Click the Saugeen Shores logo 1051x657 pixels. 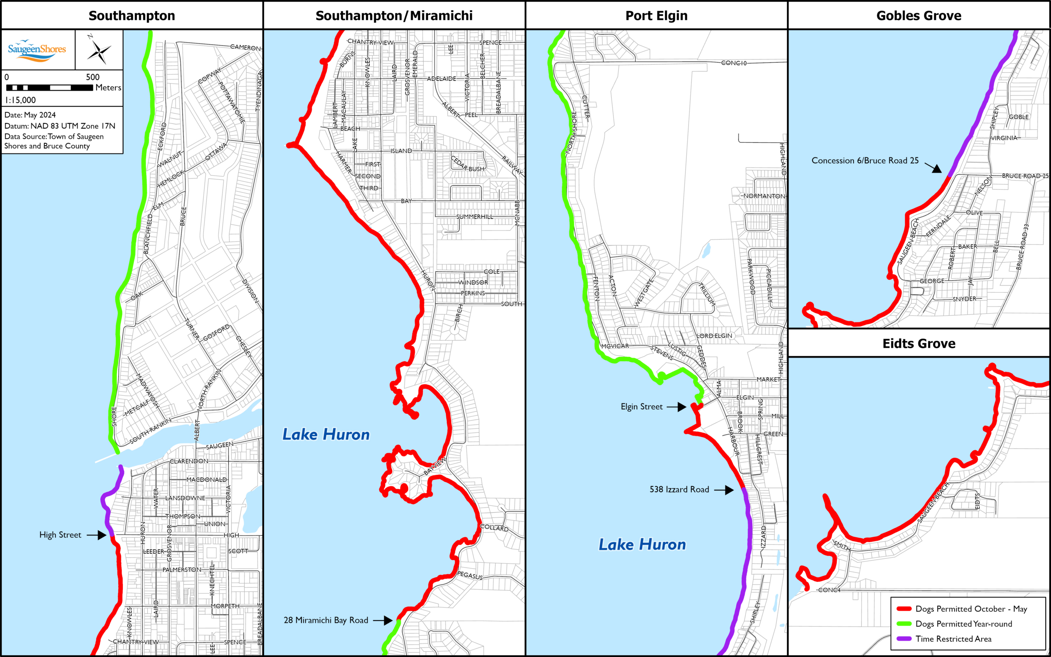[x=37, y=50]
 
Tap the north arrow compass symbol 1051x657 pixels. [x=99, y=51]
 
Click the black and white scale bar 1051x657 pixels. [x=49, y=88]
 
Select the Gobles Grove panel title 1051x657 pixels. [x=919, y=16]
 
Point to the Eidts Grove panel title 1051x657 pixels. [x=919, y=344]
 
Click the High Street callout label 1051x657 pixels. [x=60, y=535]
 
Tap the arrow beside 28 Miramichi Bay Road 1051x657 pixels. [x=383, y=620]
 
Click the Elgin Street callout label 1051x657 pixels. [x=641, y=407]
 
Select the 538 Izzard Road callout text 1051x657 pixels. [x=679, y=490]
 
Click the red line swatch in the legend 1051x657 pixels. [x=904, y=609]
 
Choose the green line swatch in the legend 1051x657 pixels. [x=904, y=624]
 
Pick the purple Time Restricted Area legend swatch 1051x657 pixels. [x=904, y=639]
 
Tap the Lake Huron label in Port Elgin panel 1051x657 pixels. [x=642, y=545]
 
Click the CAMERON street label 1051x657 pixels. [x=246, y=47]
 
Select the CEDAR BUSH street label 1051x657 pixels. [x=468, y=164]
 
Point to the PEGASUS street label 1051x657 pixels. [x=470, y=575]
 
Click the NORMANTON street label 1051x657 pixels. [x=764, y=196]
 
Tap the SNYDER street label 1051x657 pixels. [x=964, y=299]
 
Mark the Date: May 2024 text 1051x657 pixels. [x=30, y=115]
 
